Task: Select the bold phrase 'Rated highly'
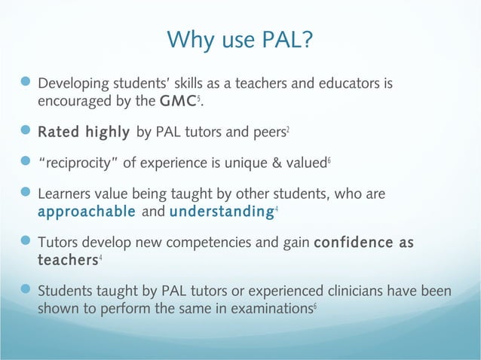84,133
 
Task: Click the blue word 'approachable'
87,212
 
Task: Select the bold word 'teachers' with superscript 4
67,260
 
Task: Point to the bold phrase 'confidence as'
364,243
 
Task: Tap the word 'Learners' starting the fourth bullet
65,194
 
